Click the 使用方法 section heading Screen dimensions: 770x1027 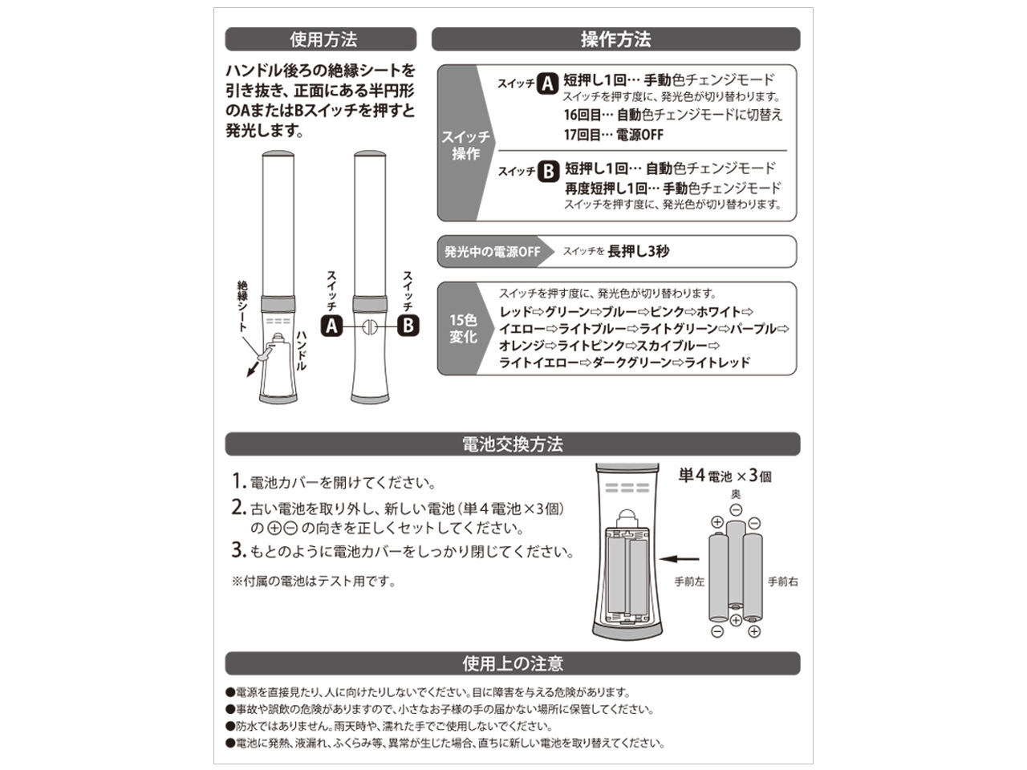pos(321,39)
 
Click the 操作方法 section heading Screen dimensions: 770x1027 pos(615,39)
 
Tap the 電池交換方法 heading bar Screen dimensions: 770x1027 pos(512,444)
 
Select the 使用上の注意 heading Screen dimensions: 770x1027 pos(512,663)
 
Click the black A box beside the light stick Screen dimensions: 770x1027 pos(331,325)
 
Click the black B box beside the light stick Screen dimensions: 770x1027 pos(408,325)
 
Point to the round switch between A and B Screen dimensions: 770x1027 pos(368,326)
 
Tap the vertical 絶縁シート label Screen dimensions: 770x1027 pos(242,306)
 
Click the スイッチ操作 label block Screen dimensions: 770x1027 pos(465,145)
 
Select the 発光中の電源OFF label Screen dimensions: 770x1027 pos(492,252)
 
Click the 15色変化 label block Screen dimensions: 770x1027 pos(463,329)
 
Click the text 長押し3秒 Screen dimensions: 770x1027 pos(639,251)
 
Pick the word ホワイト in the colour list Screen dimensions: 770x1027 pos(718,312)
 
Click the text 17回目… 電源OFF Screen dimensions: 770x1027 pos(613,135)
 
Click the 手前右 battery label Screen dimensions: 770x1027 pos(782,582)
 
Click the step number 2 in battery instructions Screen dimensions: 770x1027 pos(237,507)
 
